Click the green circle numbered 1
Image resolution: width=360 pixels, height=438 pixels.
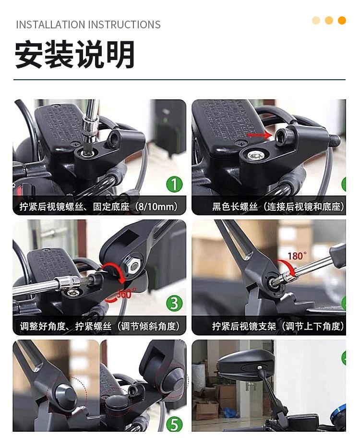pos(174,184)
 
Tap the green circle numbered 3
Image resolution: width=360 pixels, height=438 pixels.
pos(174,304)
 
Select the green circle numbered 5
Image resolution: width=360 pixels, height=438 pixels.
pos(174,425)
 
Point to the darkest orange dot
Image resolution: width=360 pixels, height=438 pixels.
pos(342,20)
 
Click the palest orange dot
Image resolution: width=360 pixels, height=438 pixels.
pos(316,20)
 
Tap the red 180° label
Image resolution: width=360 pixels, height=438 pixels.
pos(297,256)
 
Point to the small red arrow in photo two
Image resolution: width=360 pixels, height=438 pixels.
pos(259,135)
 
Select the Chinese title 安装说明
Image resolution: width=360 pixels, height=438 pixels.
pos(75,54)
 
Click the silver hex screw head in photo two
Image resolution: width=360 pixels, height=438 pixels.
pos(255,155)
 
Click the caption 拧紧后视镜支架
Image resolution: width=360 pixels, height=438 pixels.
pos(244,326)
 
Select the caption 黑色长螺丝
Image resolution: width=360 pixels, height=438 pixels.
pos(235,207)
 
